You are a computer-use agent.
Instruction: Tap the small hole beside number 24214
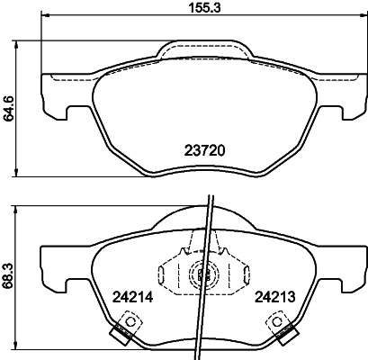pos(130,321)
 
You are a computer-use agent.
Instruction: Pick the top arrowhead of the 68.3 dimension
pos(20,208)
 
